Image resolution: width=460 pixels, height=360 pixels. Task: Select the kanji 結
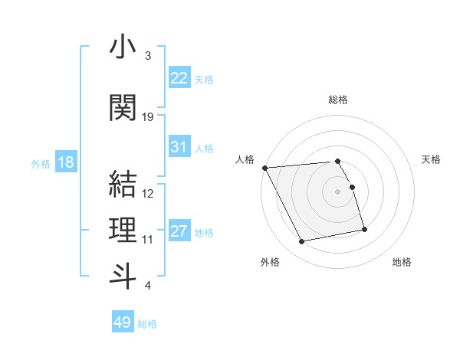click(123, 185)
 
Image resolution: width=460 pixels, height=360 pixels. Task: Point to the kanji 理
click(123, 231)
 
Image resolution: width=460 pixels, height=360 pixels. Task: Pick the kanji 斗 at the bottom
click(123, 276)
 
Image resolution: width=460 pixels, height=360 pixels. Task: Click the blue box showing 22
click(179, 78)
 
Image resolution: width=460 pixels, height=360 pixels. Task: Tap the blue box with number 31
click(179, 147)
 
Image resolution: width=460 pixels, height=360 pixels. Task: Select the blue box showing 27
click(179, 231)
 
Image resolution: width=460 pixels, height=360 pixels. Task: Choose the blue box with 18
click(65, 162)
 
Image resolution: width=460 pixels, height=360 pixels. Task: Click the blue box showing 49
click(123, 322)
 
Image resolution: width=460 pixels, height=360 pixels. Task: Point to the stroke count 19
click(148, 117)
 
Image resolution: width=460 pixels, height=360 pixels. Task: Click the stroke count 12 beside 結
click(148, 194)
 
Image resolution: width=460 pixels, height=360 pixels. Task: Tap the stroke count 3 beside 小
click(148, 56)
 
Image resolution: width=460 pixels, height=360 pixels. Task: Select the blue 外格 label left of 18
click(41, 163)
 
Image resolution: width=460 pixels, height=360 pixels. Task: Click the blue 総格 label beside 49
click(148, 324)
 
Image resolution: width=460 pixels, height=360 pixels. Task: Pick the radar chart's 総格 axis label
click(338, 100)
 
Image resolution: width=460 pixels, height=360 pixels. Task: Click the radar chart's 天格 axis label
click(431, 159)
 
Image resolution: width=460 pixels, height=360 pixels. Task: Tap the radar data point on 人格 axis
click(264, 168)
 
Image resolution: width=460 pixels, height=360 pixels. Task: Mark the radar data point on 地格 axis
click(364, 229)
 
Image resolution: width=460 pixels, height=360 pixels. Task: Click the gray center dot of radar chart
click(338, 191)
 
